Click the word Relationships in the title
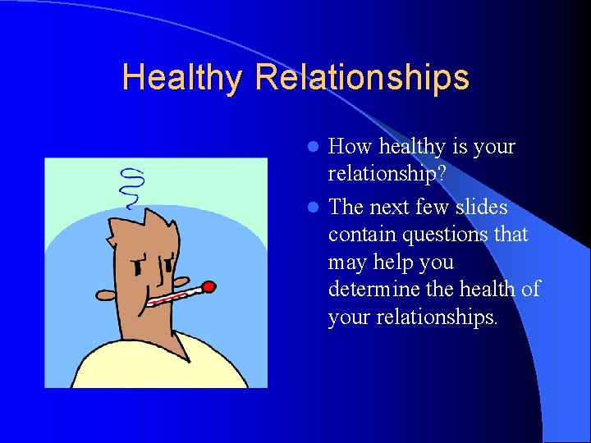[362, 78]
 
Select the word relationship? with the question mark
[387, 174]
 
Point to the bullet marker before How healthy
[312, 148]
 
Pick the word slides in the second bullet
[480, 207]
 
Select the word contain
[358, 235]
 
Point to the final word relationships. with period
[435, 317]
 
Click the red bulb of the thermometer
[208, 286]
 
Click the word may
[347, 263]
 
